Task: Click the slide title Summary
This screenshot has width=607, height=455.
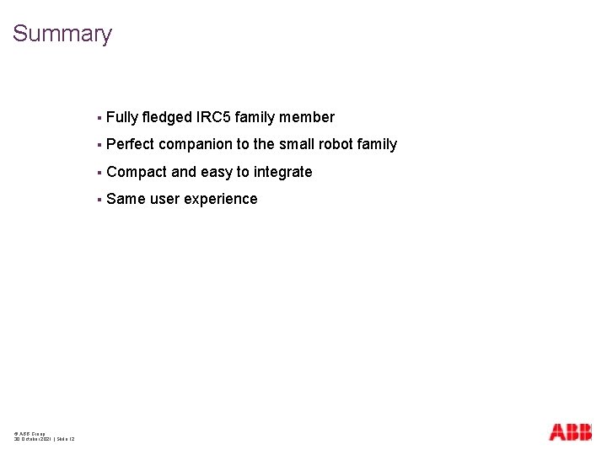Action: pos(62,35)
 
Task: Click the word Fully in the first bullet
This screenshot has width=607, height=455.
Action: pos(122,117)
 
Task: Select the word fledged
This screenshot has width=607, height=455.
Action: pos(169,117)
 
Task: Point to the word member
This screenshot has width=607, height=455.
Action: pos(308,117)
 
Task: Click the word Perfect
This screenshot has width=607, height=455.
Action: pos(131,144)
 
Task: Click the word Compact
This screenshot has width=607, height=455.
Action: pos(137,172)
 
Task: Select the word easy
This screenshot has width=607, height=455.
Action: pos(216,172)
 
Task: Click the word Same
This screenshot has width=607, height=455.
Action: pos(126,199)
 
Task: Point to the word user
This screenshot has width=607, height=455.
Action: pos(164,199)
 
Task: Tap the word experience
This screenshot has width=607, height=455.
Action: pos(221,199)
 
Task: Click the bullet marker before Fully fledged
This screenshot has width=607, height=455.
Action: pos(99,118)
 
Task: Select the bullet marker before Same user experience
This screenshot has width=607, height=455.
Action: pos(99,200)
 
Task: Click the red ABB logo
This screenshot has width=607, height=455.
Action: pos(570,431)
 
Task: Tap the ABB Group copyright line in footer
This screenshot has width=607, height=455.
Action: pos(30,434)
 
